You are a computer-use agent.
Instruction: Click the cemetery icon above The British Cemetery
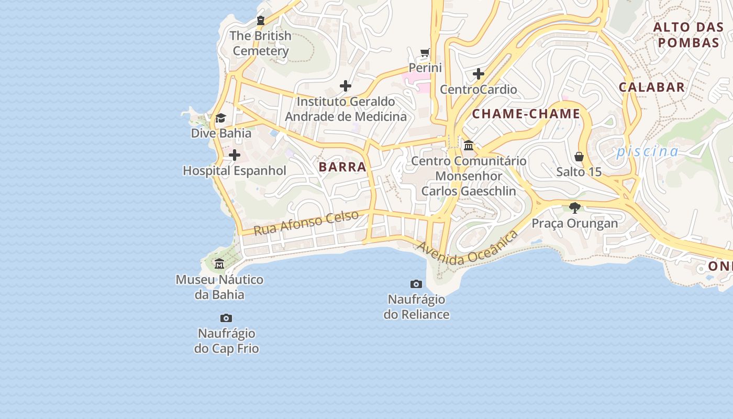[x=260, y=20]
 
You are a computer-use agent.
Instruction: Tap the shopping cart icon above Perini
[x=425, y=52]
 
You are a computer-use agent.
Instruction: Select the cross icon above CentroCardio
[x=478, y=74]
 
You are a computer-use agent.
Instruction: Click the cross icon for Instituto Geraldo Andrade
[x=346, y=85]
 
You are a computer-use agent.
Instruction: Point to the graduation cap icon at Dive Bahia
[x=220, y=118]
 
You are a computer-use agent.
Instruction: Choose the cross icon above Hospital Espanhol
[x=235, y=155]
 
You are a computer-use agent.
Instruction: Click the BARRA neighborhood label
[x=342, y=167]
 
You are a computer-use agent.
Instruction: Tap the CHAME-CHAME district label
[x=526, y=114]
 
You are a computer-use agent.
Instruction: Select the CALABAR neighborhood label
[x=652, y=87]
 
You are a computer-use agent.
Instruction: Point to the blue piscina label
[x=647, y=152]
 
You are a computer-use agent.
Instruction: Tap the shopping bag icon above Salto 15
[x=579, y=157]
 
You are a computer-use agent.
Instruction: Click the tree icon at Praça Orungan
[x=574, y=208]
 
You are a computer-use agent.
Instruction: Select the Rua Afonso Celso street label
[x=306, y=223]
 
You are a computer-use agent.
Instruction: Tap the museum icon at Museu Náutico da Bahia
[x=219, y=264]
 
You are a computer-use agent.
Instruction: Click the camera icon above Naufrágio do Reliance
[x=416, y=284]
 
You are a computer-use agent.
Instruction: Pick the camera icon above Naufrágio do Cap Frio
[x=226, y=318]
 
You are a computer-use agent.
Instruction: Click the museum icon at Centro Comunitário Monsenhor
[x=469, y=145]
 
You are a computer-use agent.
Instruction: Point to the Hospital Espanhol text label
[x=235, y=171]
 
